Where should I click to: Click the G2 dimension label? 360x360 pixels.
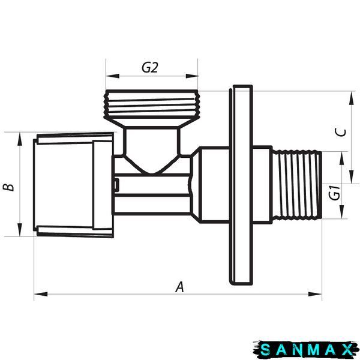click(x=149, y=67)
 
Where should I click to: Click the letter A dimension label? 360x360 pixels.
click(x=179, y=287)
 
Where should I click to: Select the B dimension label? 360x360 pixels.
click(x=8, y=187)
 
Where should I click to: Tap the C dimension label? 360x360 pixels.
click(x=340, y=133)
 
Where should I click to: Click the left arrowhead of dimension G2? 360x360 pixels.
click(x=113, y=76)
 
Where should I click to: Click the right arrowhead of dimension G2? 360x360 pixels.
click(x=192, y=76)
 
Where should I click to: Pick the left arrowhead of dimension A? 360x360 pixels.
click(x=41, y=294)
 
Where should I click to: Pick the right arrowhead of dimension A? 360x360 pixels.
click(x=315, y=294)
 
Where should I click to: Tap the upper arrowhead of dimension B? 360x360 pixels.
click(x=20, y=139)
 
